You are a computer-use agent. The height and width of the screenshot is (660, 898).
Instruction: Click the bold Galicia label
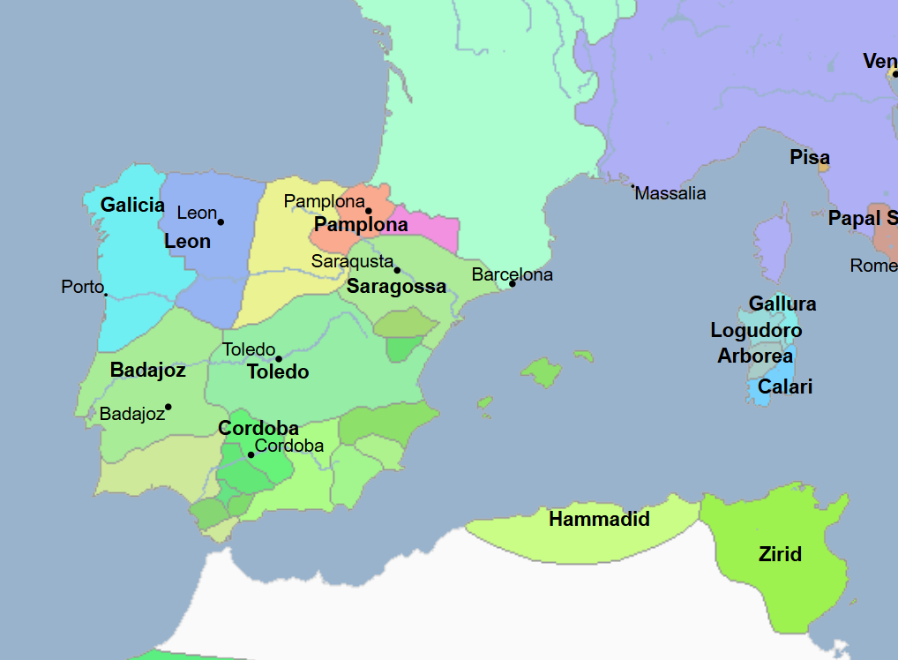pyautogui.click(x=132, y=205)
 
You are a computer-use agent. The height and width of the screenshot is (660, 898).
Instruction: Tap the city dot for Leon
pyautogui.click(x=221, y=221)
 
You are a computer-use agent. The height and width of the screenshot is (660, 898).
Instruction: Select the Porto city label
pyautogui.click(x=82, y=287)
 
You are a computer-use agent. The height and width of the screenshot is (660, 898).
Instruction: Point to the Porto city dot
pyautogui.click(x=105, y=294)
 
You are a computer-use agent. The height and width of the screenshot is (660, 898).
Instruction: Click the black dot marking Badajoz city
pyautogui.click(x=168, y=407)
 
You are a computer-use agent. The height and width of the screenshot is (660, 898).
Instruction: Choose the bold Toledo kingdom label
pyautogui.click(x=278, y=371)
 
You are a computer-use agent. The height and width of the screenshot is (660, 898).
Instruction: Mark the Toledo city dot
pyautogui.click(x=279, y=358)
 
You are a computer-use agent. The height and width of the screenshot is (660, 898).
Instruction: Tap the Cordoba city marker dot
pyautogui.click(x=251, y=455)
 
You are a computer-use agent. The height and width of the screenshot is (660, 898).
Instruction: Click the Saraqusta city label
pyautogui.click(x=352, y=261)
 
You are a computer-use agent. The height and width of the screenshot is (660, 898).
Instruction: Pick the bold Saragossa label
pyautogui.click(x=396, y=286)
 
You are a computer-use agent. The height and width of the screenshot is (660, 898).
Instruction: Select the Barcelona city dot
pyautogui.click(x=512, y=283)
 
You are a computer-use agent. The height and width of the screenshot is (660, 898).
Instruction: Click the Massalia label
pyautogui.click(x=670, y=193)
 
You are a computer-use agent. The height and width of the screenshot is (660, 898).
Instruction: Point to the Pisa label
pyautogui.click(x=809, y=157)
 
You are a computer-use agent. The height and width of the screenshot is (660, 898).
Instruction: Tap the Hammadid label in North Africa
pyautogui.click(x=599, y=519)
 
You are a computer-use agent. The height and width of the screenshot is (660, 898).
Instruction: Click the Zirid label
pyautogui.click(x=780, y=554)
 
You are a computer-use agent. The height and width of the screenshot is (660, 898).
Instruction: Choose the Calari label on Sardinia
pyautogui.click(x=785, y=386)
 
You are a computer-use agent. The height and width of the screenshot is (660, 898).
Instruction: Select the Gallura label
pyautogui.click(x=782, y=304)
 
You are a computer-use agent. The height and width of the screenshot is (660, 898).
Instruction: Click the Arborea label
pyautogui.click(x=754, y=356)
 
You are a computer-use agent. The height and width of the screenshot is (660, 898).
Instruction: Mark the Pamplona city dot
pyautogui.click(x=369, y=211)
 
